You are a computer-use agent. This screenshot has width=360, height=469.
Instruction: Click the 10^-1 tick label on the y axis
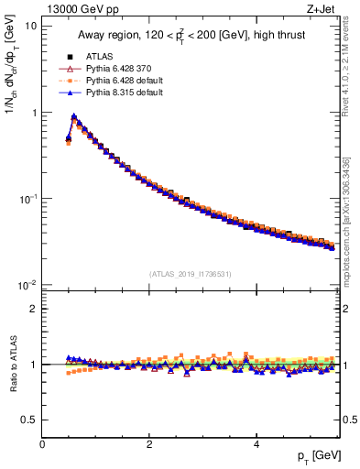27,199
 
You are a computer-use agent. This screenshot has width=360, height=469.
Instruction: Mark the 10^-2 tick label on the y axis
27,285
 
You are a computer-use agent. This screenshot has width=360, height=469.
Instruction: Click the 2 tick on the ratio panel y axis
33,309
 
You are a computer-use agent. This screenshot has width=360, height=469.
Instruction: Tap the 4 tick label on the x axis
256,444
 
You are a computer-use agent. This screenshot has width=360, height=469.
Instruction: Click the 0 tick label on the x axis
42,444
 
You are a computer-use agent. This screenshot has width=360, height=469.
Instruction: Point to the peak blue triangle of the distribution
73,116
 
